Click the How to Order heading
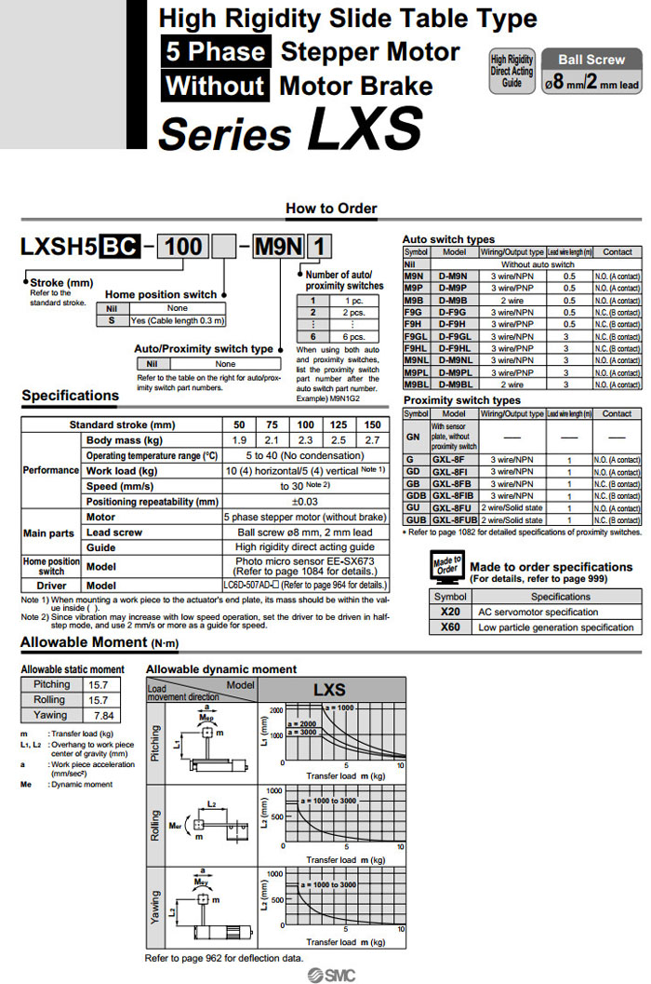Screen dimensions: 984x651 click(x=331, y=209)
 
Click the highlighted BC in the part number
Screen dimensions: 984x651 click(x=120, y=248)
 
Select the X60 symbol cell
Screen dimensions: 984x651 click(x=450, y=627)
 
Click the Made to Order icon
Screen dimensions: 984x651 click(x=447, y=566)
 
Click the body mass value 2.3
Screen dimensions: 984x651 click(x=304, y=439)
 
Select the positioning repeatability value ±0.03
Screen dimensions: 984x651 click(x=304, y=501)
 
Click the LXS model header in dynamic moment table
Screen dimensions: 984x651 click(x=329, y=690)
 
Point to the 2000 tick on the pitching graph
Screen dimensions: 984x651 click(x=275, y=709)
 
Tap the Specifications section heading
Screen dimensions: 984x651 click(x=71, y=396)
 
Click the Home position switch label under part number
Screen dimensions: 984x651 click(x=160, y=294)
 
